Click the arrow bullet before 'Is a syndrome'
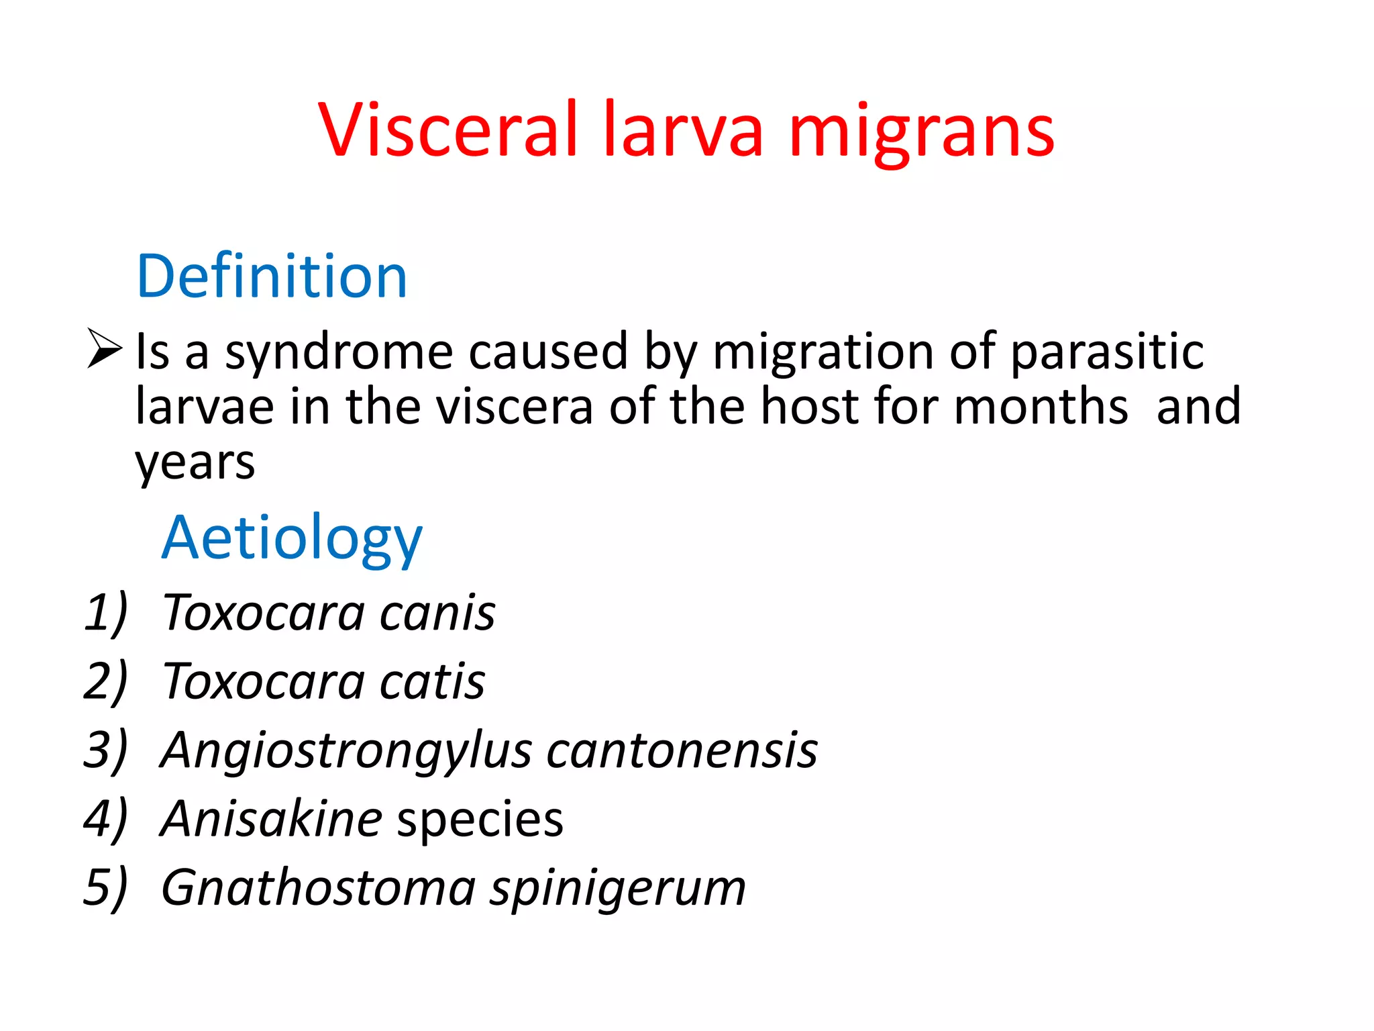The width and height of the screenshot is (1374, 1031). (x=105, y=348)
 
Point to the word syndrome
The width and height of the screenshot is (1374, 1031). (x=339, y=352)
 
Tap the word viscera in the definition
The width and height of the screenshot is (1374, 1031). (x=515, y=407)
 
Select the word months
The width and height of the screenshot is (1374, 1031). (x=1041, y=407)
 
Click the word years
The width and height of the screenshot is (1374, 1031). (x=195, y=463)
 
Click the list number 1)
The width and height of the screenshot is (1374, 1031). (x=105, y=612)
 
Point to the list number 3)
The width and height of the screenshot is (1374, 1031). (x=105, y=750)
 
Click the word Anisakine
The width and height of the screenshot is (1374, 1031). (x=272, y=819)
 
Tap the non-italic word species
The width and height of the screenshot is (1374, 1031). (x=480, y=820)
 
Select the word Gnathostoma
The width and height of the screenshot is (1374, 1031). (x=319, y=887)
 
